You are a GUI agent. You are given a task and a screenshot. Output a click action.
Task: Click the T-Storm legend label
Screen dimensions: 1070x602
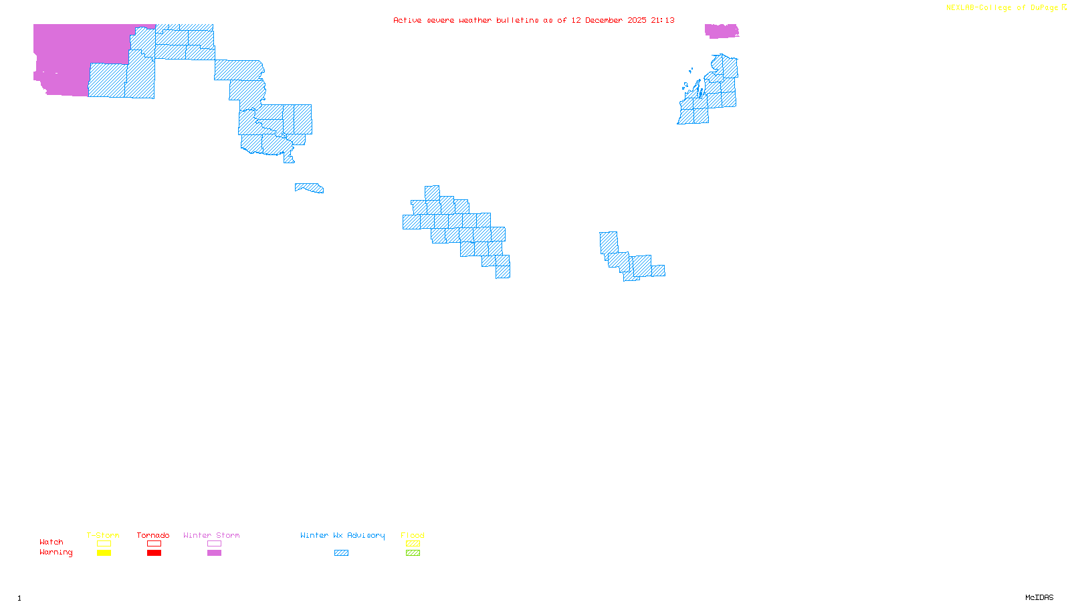[x=103, y=535]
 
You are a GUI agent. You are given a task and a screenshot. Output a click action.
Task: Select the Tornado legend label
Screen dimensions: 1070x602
[x=153, y=535]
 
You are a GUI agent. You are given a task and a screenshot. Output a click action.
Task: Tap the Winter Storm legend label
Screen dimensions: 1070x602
[x=211, y=535]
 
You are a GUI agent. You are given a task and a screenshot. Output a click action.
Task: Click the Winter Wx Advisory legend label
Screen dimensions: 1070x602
[x=342, y=535]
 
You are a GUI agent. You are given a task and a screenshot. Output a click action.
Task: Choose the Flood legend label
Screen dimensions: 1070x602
[x=413, y=535]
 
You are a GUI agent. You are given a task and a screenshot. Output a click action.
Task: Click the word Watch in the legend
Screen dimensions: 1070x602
[x=51, y=542]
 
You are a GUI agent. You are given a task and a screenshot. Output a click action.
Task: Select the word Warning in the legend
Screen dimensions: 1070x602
[x=56, y=553]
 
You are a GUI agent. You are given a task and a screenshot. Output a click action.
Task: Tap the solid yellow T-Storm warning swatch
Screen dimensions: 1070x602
[x=104, y=553]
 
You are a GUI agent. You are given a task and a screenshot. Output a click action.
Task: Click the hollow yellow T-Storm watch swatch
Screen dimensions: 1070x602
[x=104, y=544]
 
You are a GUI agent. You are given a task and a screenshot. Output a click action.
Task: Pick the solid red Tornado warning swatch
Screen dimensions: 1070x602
[x=154, y=553]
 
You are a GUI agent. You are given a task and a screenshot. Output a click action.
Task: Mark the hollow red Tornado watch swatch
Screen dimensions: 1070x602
[x=154, y=544]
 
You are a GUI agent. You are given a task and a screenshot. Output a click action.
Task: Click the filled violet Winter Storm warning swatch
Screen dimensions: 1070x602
[x=214, y=553]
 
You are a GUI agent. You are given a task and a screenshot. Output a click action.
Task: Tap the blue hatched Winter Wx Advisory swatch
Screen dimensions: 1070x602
[x=341, y=553]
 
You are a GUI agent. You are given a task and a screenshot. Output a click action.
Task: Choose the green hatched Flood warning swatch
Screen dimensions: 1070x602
[x=413, y=553]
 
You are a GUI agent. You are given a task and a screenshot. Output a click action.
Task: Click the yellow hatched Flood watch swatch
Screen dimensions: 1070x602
[x=413, y=544]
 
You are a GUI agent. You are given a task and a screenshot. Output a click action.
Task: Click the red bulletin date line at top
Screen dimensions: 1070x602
[x=534, y=21]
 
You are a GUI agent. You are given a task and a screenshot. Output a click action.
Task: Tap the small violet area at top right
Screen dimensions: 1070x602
[x=722, y=31]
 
